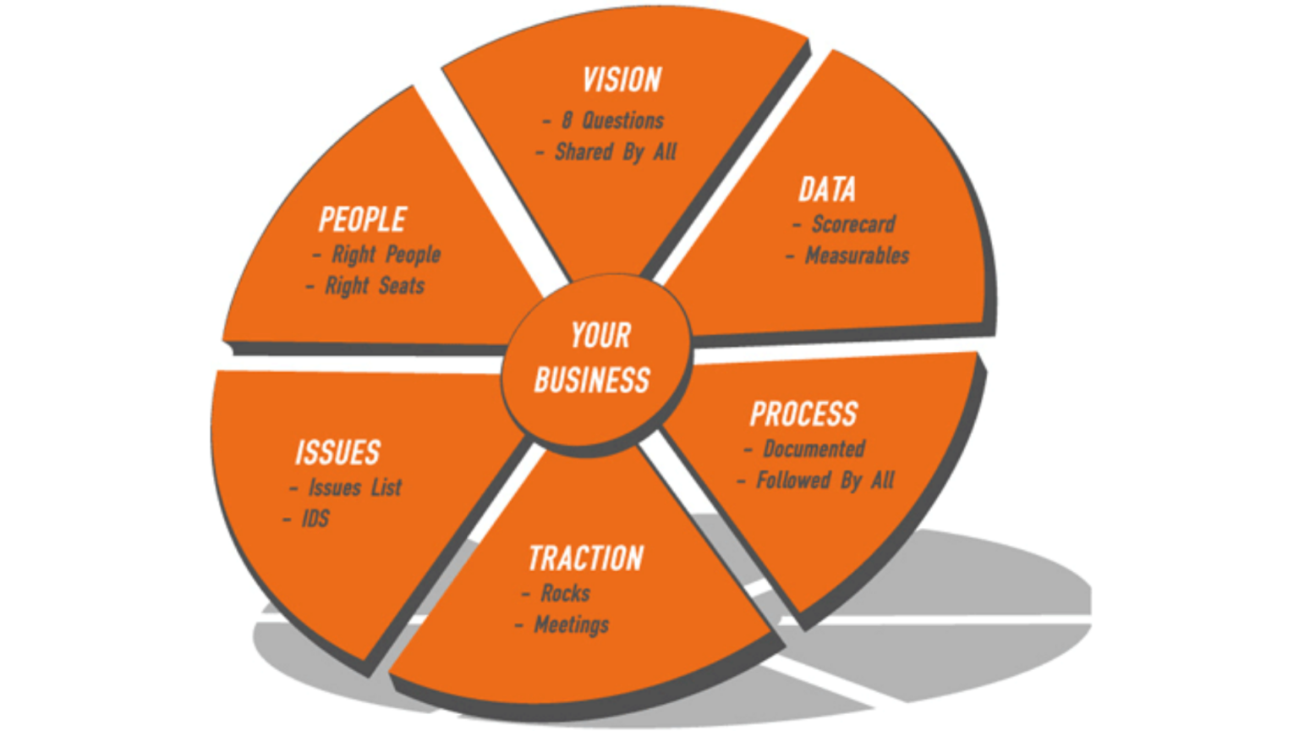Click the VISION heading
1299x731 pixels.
(x=622, y=80)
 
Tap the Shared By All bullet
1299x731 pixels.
(x=616, y=152)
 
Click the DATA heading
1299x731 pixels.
(x=827, y=190)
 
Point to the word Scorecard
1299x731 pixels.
(x=853, y=224)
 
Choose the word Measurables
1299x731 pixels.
(x=857, y=256)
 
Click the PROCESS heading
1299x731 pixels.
(x=803, y=414)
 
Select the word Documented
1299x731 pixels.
(x=814, y=448)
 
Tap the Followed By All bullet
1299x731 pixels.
(x=825, y=481)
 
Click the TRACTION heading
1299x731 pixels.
(x=586, y=558)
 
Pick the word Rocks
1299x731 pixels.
(x=565, y=593)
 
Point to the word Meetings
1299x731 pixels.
(x=571, y=625)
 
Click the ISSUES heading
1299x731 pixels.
(x=337, y=453)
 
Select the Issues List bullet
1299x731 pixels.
(x=354, y=487)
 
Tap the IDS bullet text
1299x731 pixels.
(x=315, y=519)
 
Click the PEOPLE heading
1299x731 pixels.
(x=363, y=220)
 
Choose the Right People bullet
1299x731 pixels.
(x=386, y=255)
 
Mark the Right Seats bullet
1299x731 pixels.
(x=375, y=286)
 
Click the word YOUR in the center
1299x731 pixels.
(x=600, y=336)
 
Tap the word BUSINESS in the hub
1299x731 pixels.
(x=592, y=381)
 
